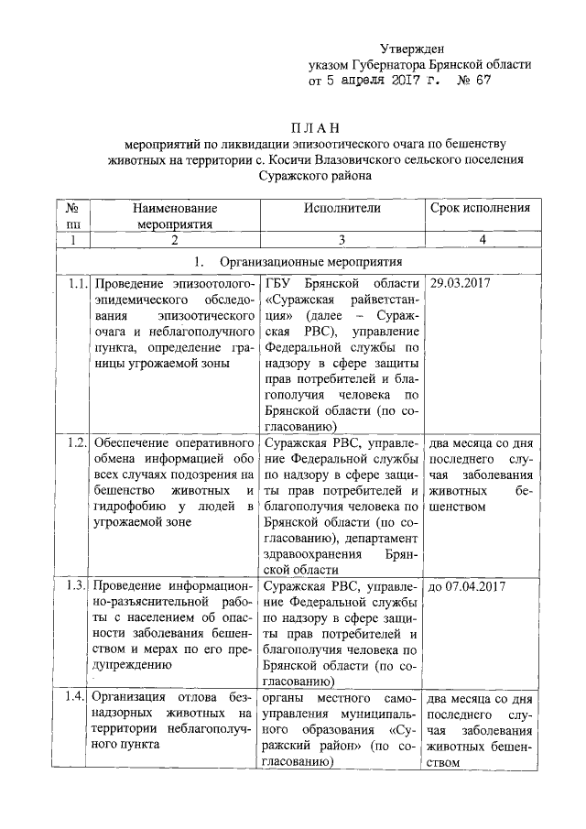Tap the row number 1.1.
click(x=77, y=283)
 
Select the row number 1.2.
click(x=77, y=442)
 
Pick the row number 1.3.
click(x=77, y=586)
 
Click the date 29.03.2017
click(x=461, y=283)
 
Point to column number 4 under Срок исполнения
click(x=480, y=239)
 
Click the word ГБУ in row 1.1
click(x=279, y=283)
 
